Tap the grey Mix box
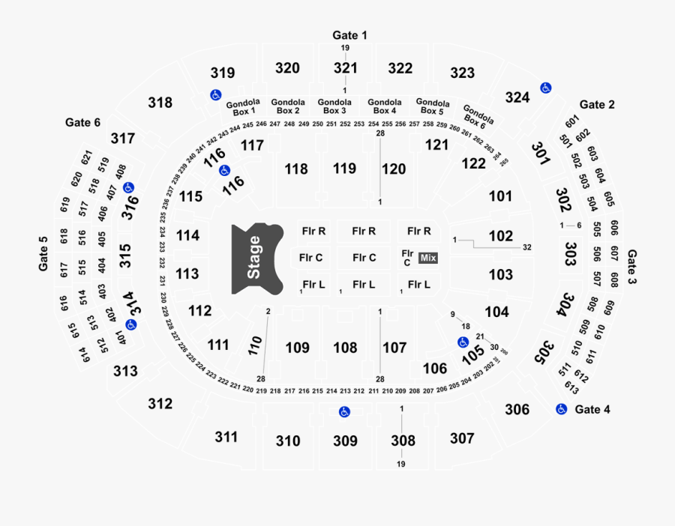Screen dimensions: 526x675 pos(428,258)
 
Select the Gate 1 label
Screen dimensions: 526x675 pos(350,35)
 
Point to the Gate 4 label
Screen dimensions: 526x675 pos(592,410)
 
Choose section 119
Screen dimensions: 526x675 pos(345,169)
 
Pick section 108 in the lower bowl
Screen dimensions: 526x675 pos(345,348)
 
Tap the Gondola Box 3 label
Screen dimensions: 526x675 pos(333,106)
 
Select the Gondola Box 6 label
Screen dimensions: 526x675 pos(478,116)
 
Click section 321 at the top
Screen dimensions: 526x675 pos(346,68)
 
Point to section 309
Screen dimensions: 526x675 pos(345,441)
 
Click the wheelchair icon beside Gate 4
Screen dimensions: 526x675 pos(560,409)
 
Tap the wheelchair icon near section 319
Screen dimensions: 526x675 pos(215,94)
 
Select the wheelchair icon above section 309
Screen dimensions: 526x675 pos(344,411)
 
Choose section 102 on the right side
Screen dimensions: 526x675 pos(501,236)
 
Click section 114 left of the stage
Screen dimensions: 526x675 pos(188,236)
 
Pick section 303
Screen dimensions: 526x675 pos(571,250)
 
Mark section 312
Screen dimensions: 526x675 pos(160,404)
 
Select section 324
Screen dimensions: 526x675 pos(517,97)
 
